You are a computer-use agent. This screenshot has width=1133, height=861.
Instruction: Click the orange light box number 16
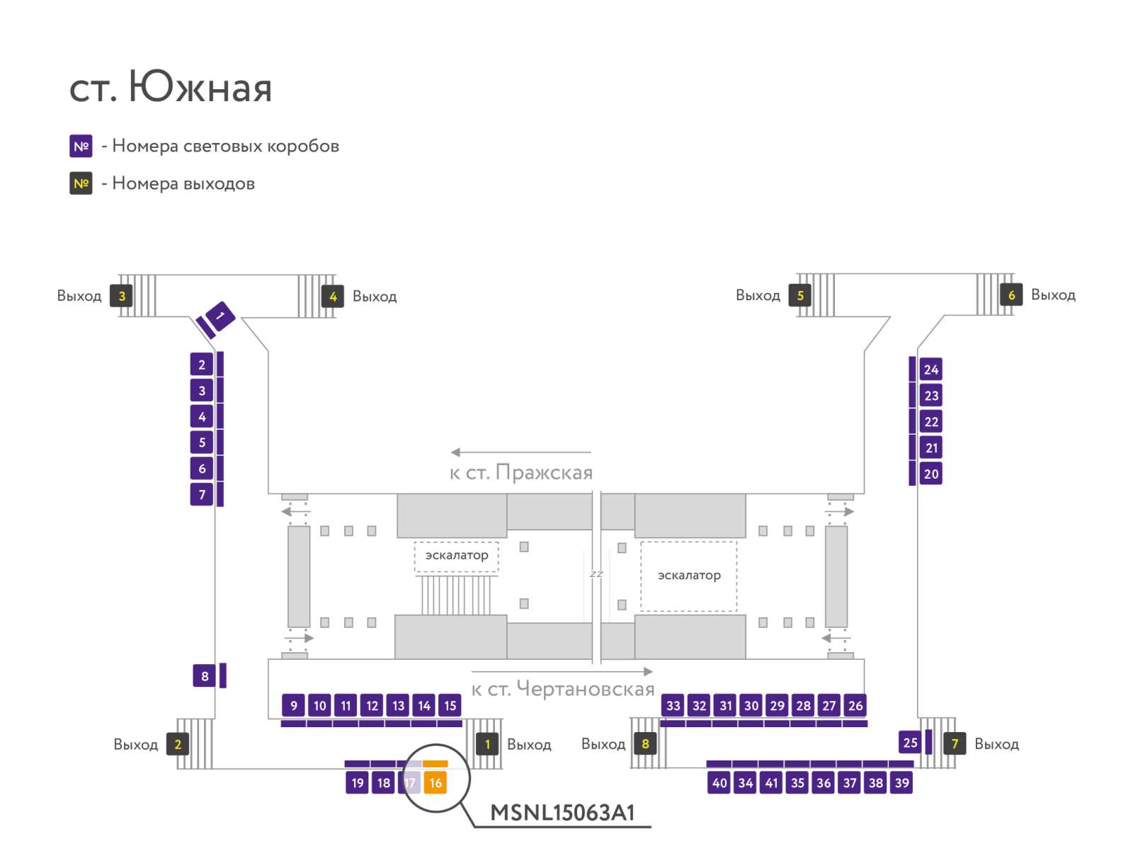435,782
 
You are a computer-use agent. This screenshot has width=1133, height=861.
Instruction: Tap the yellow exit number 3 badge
121,295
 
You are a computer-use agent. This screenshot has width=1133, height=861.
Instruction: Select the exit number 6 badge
1010,295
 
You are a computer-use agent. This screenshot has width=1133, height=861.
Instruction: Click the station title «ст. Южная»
171,86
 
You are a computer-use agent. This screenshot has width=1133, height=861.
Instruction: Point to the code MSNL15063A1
562,813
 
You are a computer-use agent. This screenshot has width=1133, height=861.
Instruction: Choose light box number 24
930,370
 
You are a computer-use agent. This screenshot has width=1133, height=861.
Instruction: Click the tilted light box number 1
220,316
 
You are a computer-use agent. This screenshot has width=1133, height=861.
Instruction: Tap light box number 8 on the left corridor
205,675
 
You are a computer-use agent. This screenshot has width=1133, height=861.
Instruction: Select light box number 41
771,782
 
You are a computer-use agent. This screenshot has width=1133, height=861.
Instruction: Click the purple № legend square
81,146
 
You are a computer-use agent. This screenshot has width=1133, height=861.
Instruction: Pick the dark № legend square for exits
81,183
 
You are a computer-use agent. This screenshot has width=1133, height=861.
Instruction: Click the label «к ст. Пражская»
520,472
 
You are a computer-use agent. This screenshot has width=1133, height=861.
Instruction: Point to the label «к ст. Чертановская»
563,689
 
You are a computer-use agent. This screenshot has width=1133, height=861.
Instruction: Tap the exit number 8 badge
644,743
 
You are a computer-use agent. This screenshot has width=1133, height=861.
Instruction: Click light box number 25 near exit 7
909,742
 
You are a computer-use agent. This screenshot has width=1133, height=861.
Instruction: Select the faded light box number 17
409,782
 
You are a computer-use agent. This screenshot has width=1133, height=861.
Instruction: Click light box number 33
673,705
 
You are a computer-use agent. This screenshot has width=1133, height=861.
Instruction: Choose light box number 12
372,705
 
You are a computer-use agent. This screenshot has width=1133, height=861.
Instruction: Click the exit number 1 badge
486,744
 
